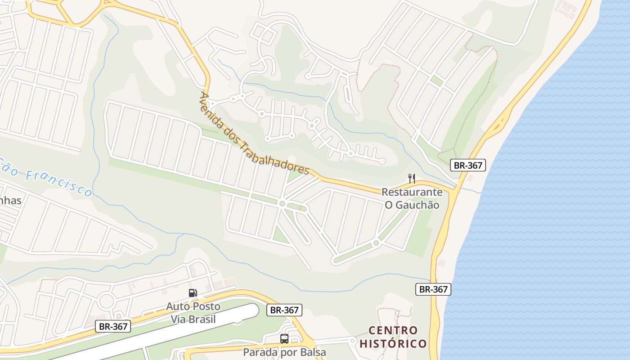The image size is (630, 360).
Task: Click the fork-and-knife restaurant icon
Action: tap(412, 178)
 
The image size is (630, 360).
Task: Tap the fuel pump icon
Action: tap(193, 293)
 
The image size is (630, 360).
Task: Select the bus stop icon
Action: tap(284, 339)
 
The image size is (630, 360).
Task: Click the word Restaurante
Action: tap(412, 193)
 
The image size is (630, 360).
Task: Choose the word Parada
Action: tap(261, 352)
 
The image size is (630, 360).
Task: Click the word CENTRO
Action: tap(393, 331)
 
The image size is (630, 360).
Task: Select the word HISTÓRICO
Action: tap(393, 344)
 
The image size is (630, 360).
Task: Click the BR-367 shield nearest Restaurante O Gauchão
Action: tap(468, 165)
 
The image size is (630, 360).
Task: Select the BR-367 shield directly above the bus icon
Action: tap(284, 310)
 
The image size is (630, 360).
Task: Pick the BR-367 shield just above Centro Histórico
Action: tap(433, 289)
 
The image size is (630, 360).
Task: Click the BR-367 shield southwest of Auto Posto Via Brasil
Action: tap(113, 326)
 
